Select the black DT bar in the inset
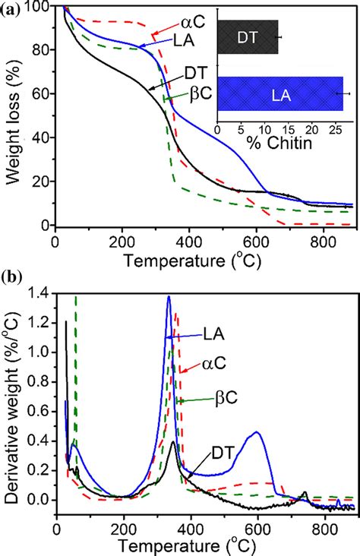coord(248,36)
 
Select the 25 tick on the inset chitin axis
coord(335,130)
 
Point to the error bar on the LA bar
coord(343,93)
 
